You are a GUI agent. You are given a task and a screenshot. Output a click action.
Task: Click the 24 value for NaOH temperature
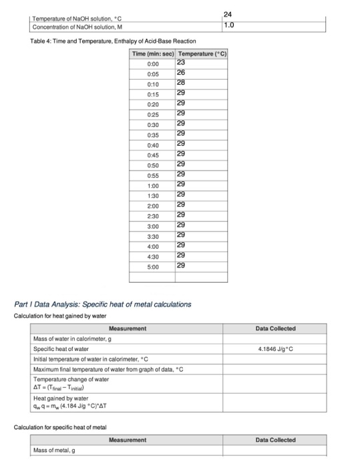(229, 15)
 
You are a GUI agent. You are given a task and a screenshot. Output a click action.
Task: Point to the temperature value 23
(181, 62)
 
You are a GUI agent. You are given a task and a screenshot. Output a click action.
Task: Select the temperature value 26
(181, 72)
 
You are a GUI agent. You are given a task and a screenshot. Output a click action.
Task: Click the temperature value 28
(181, 82)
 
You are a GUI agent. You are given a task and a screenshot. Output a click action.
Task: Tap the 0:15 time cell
(154, 93)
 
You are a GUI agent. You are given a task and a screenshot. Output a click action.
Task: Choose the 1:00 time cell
(154, 185)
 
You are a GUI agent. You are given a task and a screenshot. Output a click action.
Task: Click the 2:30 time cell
(154, 215)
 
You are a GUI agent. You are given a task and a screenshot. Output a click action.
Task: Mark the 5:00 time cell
(154, 266)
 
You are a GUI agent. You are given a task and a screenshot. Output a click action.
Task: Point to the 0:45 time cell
(154, 154)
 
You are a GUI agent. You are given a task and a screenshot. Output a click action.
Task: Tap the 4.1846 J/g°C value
(275, 348)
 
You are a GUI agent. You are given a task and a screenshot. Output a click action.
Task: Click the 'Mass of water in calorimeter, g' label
(73, 339)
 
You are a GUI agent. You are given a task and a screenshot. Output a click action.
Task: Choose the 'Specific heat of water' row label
(61, 348)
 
